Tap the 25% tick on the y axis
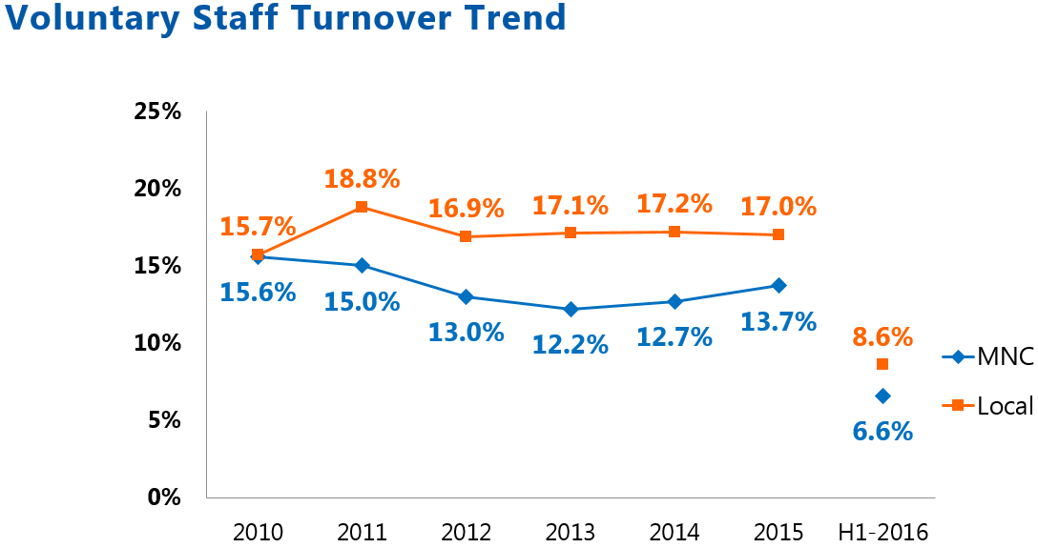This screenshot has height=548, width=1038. coord(157,112)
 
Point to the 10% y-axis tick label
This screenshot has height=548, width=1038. coord(157,342)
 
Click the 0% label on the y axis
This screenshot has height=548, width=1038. coord(164,497)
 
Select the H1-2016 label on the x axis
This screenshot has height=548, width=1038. coord(882,532)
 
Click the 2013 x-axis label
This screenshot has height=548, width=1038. coord(570,532)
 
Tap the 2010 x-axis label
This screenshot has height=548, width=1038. coord(258,532)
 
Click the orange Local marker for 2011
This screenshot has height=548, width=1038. coord(362,207)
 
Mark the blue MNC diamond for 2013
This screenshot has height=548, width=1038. coord(570,309)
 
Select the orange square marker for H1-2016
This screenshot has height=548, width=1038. coord(882,364)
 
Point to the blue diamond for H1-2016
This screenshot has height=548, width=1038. coord(882,396)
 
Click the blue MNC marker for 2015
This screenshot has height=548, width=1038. coord(778,285)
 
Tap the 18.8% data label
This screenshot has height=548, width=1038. coord(362,178)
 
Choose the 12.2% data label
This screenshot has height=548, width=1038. coord(571,344)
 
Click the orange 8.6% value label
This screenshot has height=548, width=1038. coord(882,336)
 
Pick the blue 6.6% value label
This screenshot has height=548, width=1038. coord(882,431)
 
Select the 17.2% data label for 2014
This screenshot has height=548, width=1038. coord(675,203)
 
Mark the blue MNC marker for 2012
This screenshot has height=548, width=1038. coord(466,296)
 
